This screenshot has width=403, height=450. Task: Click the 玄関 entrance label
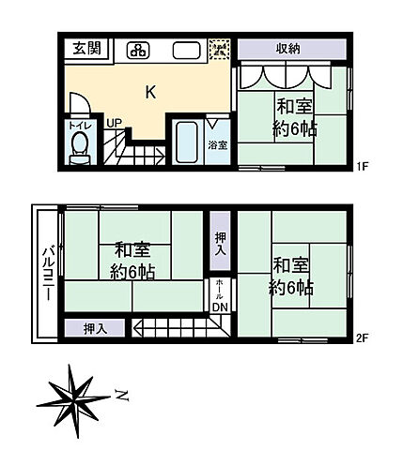point(87,49)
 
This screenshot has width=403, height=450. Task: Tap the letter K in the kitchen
point(150,92)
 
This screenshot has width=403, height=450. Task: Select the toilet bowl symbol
point(79,145)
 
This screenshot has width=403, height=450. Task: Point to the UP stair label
point(114,123)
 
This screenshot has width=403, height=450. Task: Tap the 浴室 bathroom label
point(218,145)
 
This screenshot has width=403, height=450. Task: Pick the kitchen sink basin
point(184,51)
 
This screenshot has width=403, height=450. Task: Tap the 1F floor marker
point(363,167)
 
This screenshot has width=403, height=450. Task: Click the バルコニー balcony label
point(45,272)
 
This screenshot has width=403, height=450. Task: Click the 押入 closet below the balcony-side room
point(94,327)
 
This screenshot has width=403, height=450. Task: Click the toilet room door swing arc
point(82,100)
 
